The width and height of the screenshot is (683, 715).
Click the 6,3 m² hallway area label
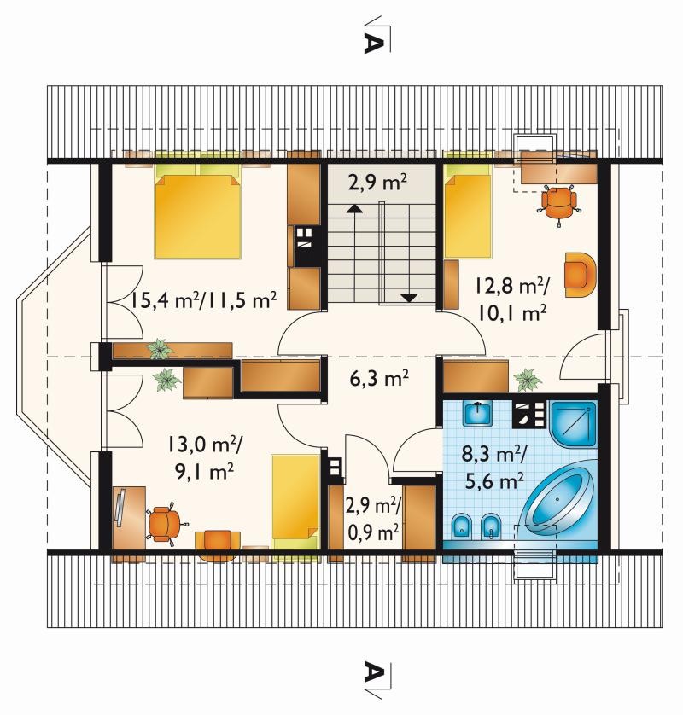(x=379, y=378)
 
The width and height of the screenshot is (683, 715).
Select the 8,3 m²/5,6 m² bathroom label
(x=494, y=467)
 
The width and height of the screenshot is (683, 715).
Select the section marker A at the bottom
(x=373, y=671)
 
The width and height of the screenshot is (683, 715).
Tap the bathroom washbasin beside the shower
(x=477, y=413)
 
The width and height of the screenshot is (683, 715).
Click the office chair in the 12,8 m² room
(x=559, y=204)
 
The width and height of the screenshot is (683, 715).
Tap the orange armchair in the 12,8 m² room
(x=581, y=275)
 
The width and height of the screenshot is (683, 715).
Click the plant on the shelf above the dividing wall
(x=160, y=349)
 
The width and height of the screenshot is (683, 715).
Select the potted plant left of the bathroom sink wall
(x=528, y=380)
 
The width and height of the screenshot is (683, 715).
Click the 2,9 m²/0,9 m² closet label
(x=373, y=518)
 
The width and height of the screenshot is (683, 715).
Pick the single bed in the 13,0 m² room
(x=295, y=501)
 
